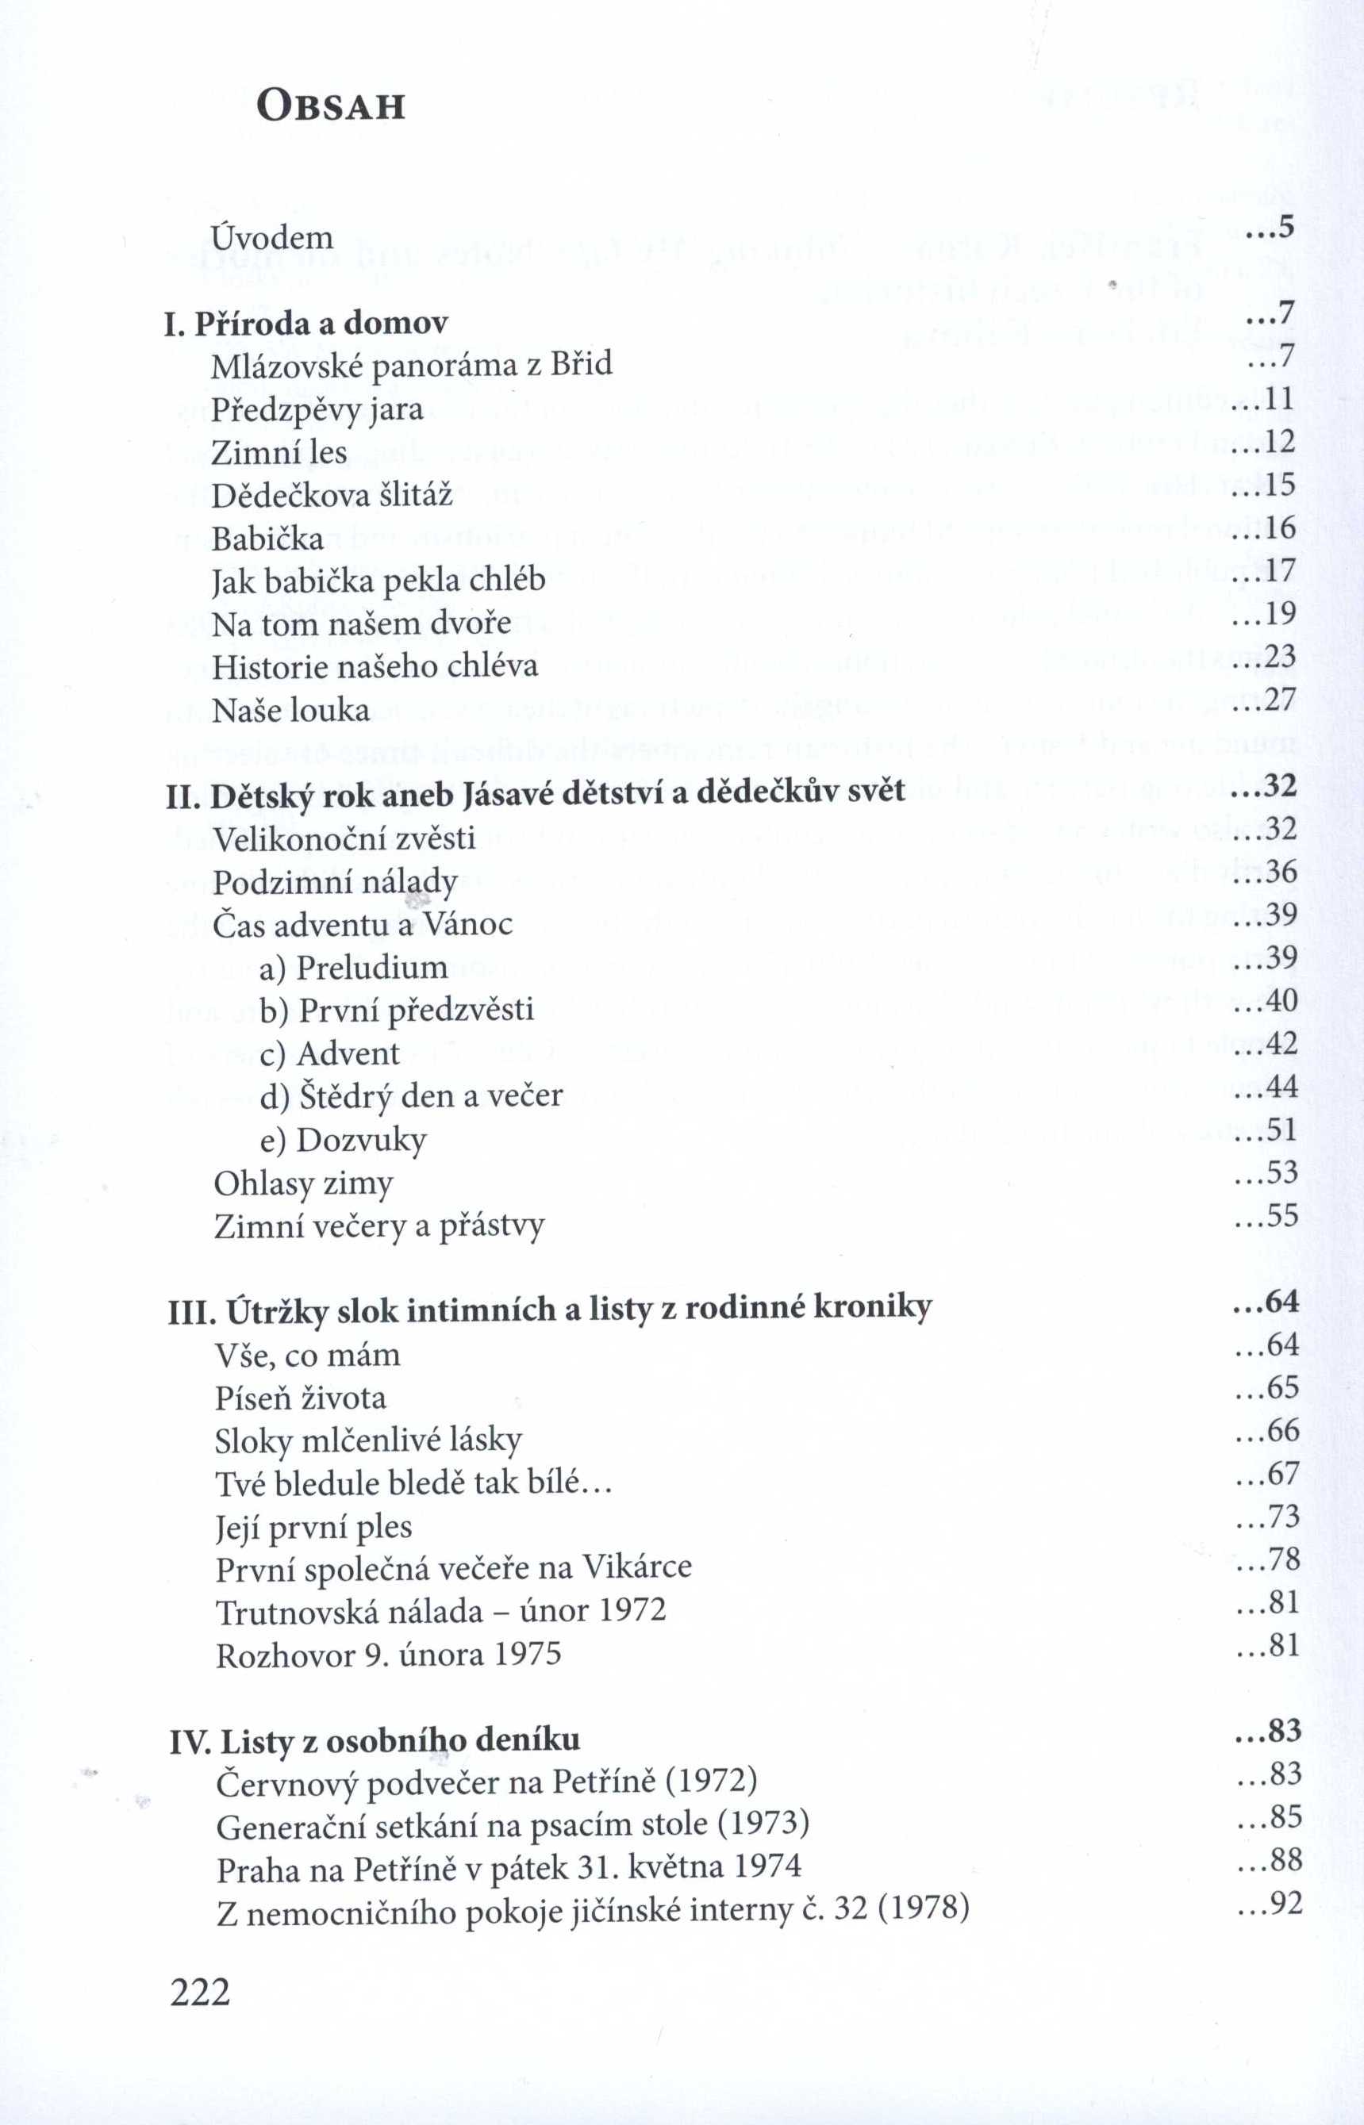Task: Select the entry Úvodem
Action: click(x=272, y=237)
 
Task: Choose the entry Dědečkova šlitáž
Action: click(x=332, y=495)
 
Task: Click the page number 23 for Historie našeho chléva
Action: click(x=1279, y=656)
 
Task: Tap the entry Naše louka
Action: click(x=290, y=710)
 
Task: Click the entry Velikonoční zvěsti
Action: click(x=344, y=838)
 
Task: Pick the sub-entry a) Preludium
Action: click(x=353, y=967)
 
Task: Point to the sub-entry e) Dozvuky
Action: click(x=343, y=1140)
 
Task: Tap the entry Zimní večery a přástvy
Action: click(x=379, y=1226)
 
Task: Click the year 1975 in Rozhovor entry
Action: click(x=527, y=1654)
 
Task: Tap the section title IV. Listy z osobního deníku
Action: click(x=375, y=1741)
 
